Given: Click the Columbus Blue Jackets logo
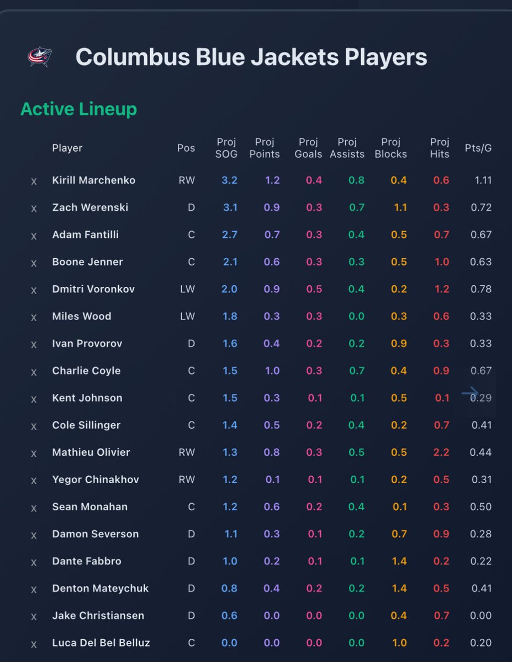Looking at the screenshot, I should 39,57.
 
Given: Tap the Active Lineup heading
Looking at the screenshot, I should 78,109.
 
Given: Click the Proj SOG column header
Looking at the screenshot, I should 226,148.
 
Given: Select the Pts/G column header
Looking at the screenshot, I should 478,148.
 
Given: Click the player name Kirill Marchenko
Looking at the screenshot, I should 93,180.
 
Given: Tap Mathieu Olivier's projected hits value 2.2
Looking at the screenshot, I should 441,452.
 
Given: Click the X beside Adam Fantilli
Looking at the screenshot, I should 34,236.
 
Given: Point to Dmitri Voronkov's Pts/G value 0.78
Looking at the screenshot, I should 481,289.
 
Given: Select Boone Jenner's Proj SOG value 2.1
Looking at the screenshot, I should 230,262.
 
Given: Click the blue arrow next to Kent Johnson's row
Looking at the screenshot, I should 470,393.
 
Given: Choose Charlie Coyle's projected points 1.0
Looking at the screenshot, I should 272,371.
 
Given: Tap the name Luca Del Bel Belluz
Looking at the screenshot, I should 101,643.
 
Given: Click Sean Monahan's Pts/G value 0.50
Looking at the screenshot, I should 481,506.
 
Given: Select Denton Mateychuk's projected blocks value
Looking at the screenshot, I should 399,588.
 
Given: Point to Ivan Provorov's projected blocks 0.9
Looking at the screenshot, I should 399,344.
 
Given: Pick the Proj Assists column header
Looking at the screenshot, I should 347,148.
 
